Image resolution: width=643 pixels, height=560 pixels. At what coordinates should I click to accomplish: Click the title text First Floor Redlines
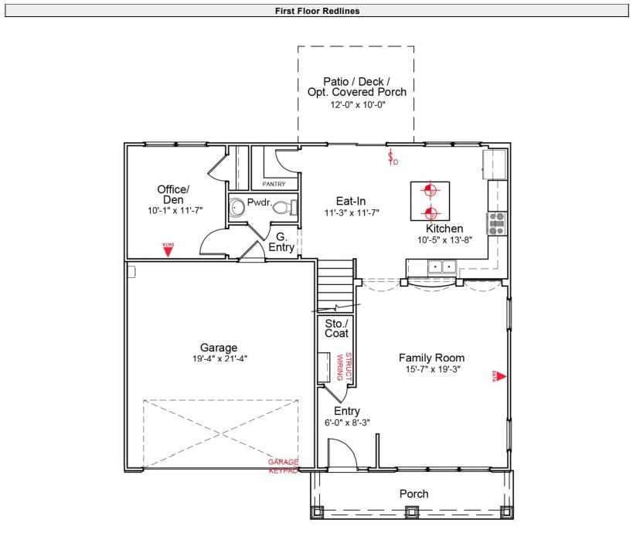tap(317, 11)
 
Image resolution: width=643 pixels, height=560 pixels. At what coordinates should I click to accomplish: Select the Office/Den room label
tap(173, 195)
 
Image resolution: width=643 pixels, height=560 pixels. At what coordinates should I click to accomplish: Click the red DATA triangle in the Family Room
tap(499, 377)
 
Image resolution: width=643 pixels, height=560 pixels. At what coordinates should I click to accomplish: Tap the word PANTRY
tap(274, 184)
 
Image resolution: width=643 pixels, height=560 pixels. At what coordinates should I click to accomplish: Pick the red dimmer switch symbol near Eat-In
tap(392, 158)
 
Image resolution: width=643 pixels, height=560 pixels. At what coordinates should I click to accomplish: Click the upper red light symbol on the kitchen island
tap(431, 190)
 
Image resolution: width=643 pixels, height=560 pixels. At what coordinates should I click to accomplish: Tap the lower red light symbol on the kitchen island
tap(431, 212)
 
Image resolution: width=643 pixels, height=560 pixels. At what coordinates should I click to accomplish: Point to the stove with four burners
tap(496, 222)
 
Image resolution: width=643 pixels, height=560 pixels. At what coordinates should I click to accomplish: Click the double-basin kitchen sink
tap(442, 266)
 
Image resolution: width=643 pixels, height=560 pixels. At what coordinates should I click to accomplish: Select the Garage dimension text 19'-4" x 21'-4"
tap(219, 358)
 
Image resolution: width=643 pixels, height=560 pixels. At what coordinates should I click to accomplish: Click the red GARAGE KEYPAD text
tap(282, 465)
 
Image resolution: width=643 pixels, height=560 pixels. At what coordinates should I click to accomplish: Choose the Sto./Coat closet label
tap(336, 328)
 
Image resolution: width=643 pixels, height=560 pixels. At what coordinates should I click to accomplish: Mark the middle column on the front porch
tap(412, 511)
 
